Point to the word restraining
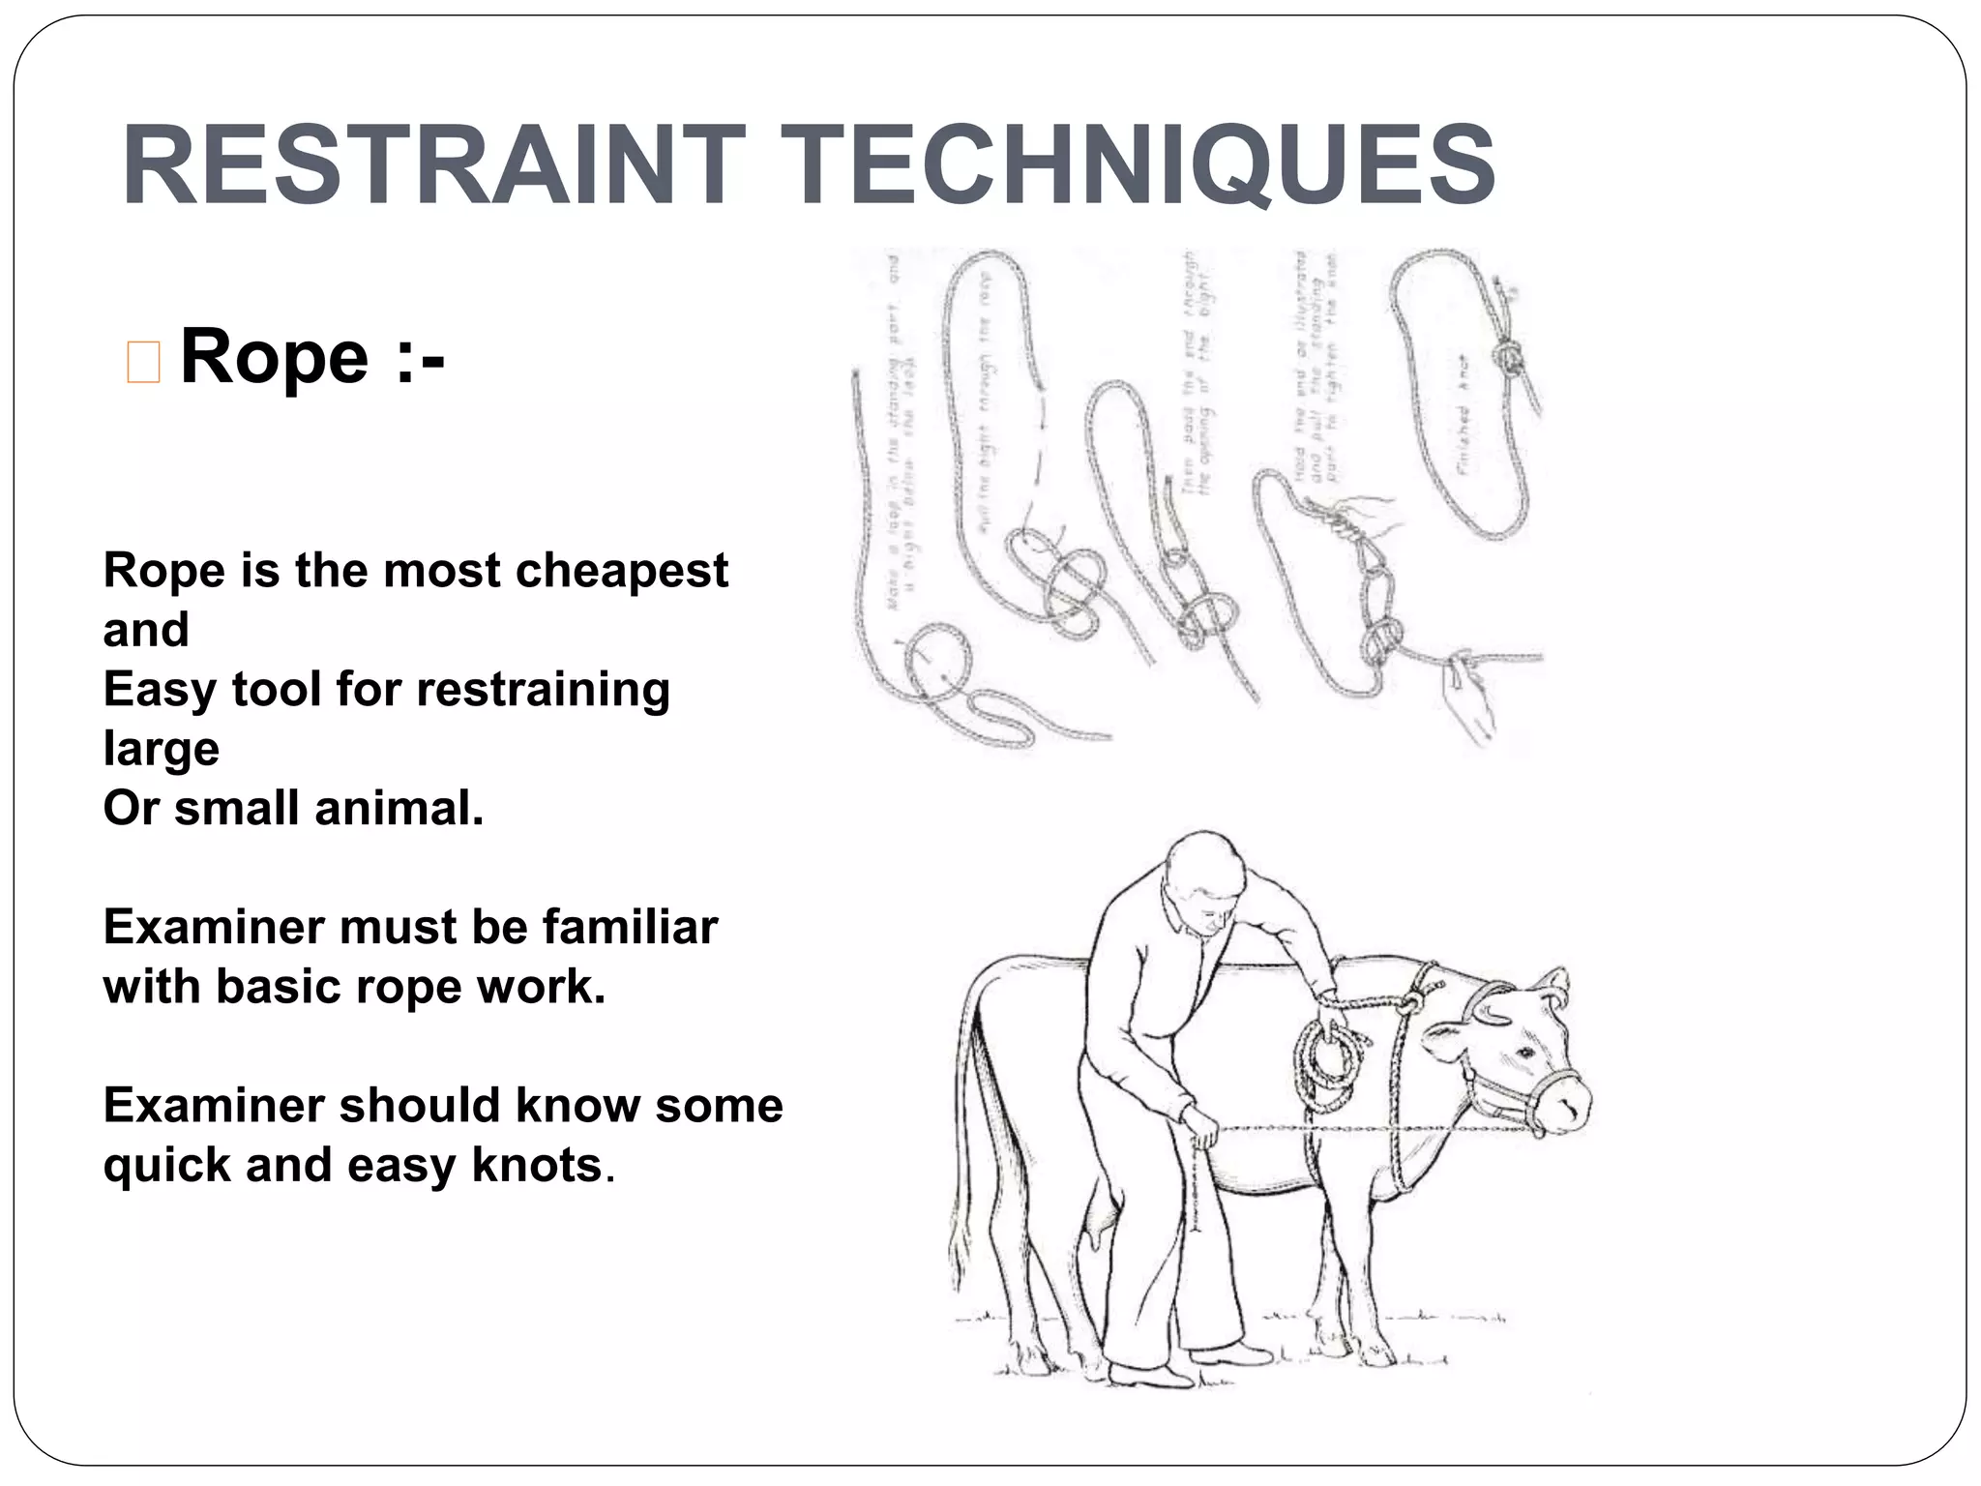click(543, 690)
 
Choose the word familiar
click(630, 928)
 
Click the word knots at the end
click(537, 1166)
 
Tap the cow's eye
click(1525, 1052)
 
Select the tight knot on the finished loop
click(1506, 358)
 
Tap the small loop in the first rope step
click(937, 663)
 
